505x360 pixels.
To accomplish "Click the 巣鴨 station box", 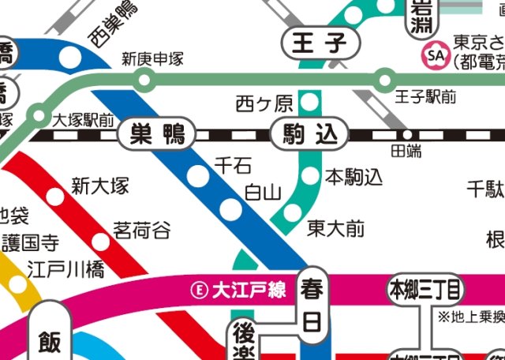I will pyautogui.click(x=155, y=135).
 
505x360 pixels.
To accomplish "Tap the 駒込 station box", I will pyautogui.click(x=309, y=135).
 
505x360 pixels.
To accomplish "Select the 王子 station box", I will pyautogui.click(x=320, y=43).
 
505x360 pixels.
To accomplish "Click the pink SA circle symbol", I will pyautogui.click(x=435, y=55).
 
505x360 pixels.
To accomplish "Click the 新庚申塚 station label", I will pyautogui.click(x=152, y=59).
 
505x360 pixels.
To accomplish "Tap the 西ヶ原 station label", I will pyautogui.click(x=264, y=103).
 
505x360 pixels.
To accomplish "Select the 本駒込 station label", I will pyautogui.click(x=353, y=174).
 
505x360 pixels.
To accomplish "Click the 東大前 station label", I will pyautogui.click(x=336, y=229).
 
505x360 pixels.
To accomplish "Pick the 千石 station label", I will pyautogui.click(x=234, y=165).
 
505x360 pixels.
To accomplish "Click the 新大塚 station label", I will pyautogui.click(x=100, y=186).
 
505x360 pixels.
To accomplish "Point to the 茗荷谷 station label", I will pyautogui.click(x=142, y=231).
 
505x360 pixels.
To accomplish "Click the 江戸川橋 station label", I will pyautogui.click(x=65, y=269).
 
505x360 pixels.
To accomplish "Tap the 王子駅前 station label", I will pyautogui.click(x=426, y=97).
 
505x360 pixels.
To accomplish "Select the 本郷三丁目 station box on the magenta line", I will pyautogui.click(x=424, y=290).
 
